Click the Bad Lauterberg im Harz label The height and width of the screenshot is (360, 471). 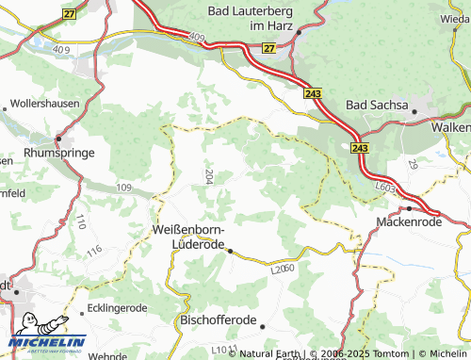pos(250,18)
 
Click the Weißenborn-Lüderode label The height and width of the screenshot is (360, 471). pos(188,237)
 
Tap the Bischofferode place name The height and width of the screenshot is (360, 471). pos(218,320)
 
